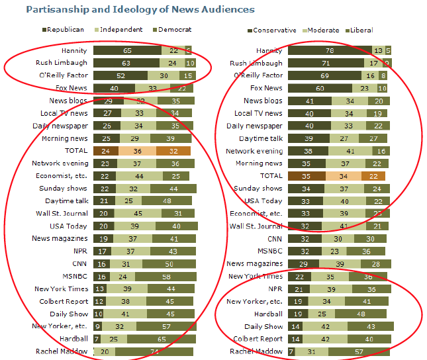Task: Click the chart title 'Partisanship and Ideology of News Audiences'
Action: tap(140, 10)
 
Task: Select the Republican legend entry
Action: tap(64, 30)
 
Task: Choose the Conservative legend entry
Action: tap(271, 30)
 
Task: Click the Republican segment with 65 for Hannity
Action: tap(126, 50)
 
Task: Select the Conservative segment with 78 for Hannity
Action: tap(329, 50)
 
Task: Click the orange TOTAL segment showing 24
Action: tap(105, 151)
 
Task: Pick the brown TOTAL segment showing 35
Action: tap(306, 176)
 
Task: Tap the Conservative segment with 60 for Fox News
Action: tap(320, 88)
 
